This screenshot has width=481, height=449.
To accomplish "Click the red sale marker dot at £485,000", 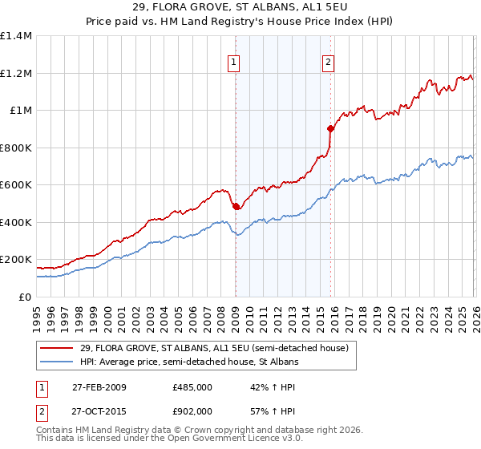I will (x=236, y=207).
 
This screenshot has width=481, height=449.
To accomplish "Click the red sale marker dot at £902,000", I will (x=330, y=128).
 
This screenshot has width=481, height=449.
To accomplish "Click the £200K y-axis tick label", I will (x=16, y=260).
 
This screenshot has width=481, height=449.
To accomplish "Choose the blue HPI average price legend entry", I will (x=189, y=362).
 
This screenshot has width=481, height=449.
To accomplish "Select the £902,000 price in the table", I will (x=192, y=411).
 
